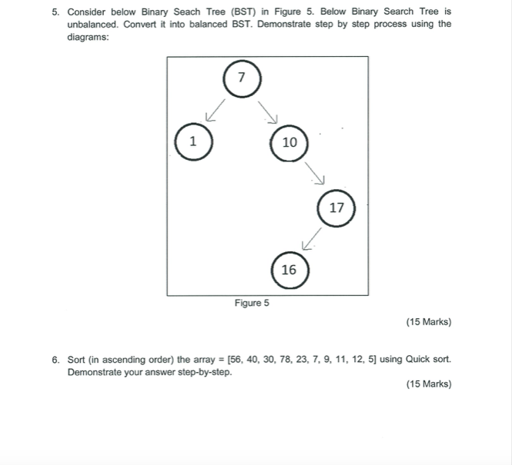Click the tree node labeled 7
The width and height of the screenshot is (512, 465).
coord(242,78)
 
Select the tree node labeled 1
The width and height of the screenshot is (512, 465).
coord(193,141)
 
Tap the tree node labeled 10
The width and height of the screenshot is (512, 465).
coord(289,142)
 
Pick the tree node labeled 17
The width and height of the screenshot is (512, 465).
coord(336,208)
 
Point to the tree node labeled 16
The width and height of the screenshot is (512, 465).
coord(289,270)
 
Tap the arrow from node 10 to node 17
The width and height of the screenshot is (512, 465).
coord(316,174)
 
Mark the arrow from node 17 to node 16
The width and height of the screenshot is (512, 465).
coord(311,239)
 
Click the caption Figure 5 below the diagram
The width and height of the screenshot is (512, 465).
coord(252,304)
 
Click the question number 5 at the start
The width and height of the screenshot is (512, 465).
coord(56,12)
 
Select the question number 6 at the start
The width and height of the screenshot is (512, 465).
coord(56,359)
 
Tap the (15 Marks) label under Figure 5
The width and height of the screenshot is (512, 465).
coord(428,322)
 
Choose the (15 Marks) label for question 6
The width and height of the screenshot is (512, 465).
coord(428,384)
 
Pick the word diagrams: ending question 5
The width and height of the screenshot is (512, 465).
coord(89,37)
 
